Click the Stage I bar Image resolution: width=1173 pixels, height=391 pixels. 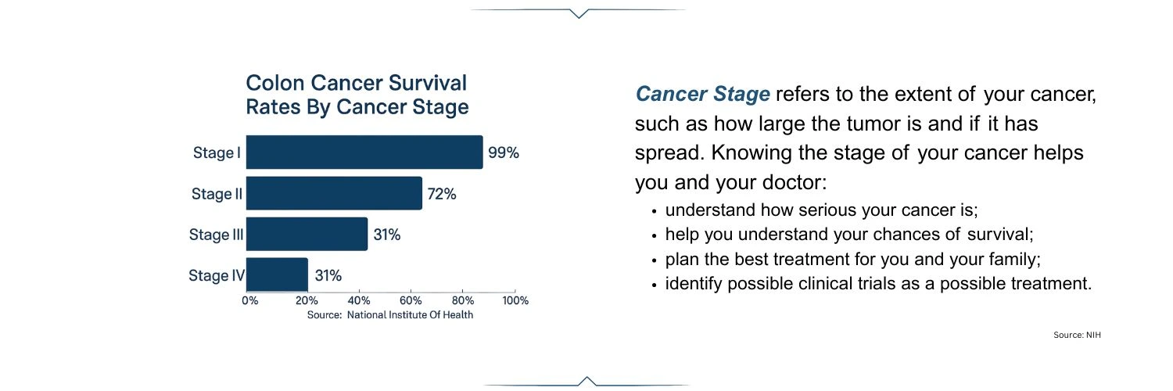pyautogui.click(x=364, y=152)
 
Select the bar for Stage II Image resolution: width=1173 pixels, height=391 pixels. pyautogui.click(x=334, y=193)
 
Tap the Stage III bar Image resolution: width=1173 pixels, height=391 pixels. pyautogui.click(x=307, y=234)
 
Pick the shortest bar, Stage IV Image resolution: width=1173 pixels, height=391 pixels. pyautogui.click(x=277, y=274)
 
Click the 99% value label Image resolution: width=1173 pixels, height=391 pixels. pyautogui.click(x=504, y=153)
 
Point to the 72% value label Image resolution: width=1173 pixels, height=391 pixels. pyautogui.click(x=442, y=194)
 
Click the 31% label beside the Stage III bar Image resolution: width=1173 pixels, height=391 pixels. pyautogui.click(x=387, y=235)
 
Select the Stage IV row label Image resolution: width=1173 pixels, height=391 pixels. pyautogui.click(x=217, y=275)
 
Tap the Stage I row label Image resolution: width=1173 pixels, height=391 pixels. pyautogui.click(x=217, y=153)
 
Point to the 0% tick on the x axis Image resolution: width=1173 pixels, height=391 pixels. pyautogui.click(x=249, y=300)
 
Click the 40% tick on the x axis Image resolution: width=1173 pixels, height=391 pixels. pyautogui.click(x=358, y=300)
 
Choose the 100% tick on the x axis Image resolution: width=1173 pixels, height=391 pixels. pyautogui.click(x=515, y=300)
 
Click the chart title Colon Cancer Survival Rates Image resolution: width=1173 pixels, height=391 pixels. pyautogui.click(x=357, y=95)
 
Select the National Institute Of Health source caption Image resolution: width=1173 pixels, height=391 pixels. pyautogui.click(x=389, y=315)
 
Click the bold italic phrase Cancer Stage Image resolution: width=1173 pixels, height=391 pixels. pyautogui.click(x=702, y=95)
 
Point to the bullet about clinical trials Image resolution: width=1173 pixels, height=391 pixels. pyautogui.click(x=877, y=283)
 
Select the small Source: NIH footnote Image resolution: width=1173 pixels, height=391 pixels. pyautogui.click(x=1077, y=335)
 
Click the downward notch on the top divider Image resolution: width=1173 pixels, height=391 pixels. pyautogui.click(x=579, y=13)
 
